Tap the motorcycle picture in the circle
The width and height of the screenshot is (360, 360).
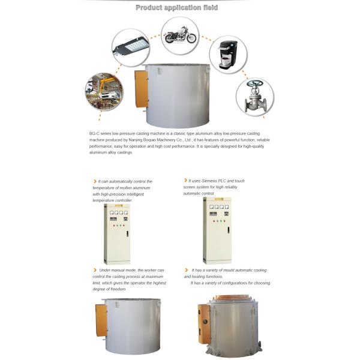tap(180, 35)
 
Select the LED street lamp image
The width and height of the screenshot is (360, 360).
tap(131, 47)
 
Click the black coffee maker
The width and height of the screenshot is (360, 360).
tap(227, 55)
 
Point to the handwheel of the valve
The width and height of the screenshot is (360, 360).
tap(254, 83)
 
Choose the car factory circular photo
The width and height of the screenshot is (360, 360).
tap(104, 92)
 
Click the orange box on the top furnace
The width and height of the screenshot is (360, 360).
tap(141, 89)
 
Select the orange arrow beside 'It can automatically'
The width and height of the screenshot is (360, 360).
tap(95, 181)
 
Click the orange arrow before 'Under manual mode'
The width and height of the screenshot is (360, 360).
tap(95, 270)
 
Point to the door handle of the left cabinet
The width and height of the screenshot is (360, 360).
tap(127, 234)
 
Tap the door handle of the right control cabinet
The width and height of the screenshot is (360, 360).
tap(228, 230)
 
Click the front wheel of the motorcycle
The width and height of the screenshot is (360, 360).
tap(191, 38)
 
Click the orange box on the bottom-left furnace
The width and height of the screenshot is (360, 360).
tap(101, 320)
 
